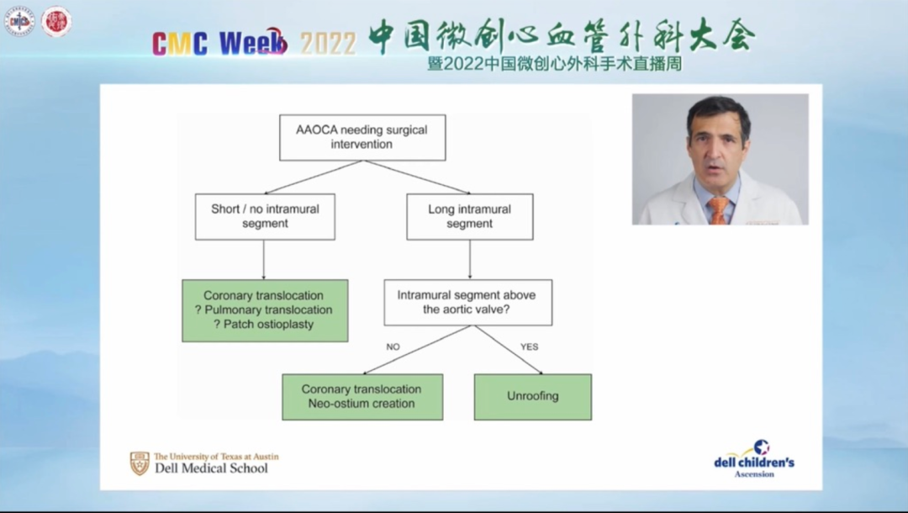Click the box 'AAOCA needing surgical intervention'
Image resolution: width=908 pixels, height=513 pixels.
(x=362, y=137)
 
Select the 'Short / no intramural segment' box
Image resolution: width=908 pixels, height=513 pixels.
(x=265, y=216)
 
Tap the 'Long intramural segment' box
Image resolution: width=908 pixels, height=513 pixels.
(x=469, y=216)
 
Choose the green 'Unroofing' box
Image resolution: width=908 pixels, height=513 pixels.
(x=532, y=396)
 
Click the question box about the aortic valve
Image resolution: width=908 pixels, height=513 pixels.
(x=467, y=302)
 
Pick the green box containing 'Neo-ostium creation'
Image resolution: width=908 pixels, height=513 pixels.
(x=362, y=396)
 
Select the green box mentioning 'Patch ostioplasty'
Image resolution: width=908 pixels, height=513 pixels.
(x=265, y=309)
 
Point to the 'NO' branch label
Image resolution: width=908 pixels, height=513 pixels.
(x=393, y=346)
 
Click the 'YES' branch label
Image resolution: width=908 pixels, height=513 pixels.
(x=529, y=346)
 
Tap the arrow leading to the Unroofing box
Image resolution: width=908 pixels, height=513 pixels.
(x=509, y=350)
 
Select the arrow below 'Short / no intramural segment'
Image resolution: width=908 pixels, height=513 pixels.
(x=264, y=259)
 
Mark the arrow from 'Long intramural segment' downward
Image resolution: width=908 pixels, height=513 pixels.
(x=469, y=259)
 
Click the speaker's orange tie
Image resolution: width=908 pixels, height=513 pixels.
(x=716, y=209)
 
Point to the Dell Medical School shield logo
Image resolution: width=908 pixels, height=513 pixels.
(x=139, y=463)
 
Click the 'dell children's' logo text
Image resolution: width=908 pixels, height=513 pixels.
(x=753, y=462)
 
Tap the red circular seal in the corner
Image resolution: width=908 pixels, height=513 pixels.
(x=56, y=22)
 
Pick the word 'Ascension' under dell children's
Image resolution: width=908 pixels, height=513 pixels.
(x=754, y=474)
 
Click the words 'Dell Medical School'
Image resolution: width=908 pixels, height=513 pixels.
(x=211, y=468)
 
